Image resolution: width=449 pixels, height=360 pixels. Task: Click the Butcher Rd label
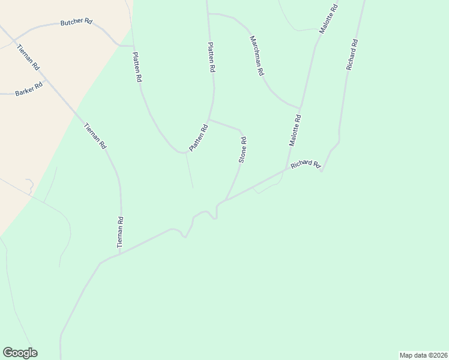(76, 22)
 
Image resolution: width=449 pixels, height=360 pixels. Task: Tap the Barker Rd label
(30, 88)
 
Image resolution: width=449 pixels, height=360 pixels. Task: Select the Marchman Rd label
(257, 55)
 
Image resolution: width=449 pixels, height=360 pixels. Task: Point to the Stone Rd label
(243, 150)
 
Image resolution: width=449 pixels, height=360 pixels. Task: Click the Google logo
(20, 353)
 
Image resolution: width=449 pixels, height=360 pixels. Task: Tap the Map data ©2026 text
(423, 355)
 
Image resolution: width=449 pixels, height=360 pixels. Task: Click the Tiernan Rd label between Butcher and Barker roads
(28, 57)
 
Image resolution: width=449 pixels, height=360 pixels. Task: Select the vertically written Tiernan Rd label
(120, 233)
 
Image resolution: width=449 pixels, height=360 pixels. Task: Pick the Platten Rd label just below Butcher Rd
(137, 66)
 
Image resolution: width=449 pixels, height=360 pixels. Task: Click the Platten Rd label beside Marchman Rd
(211, 58)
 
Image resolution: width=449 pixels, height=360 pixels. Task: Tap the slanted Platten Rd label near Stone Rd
(198, 137)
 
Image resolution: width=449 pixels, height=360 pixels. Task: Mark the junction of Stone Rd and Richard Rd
(226, 199)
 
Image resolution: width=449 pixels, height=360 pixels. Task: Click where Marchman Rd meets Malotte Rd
(300, 106)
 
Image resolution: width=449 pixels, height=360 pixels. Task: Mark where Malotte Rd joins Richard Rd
(285, 170)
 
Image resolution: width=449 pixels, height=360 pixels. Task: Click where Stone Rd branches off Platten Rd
(209, 119)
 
